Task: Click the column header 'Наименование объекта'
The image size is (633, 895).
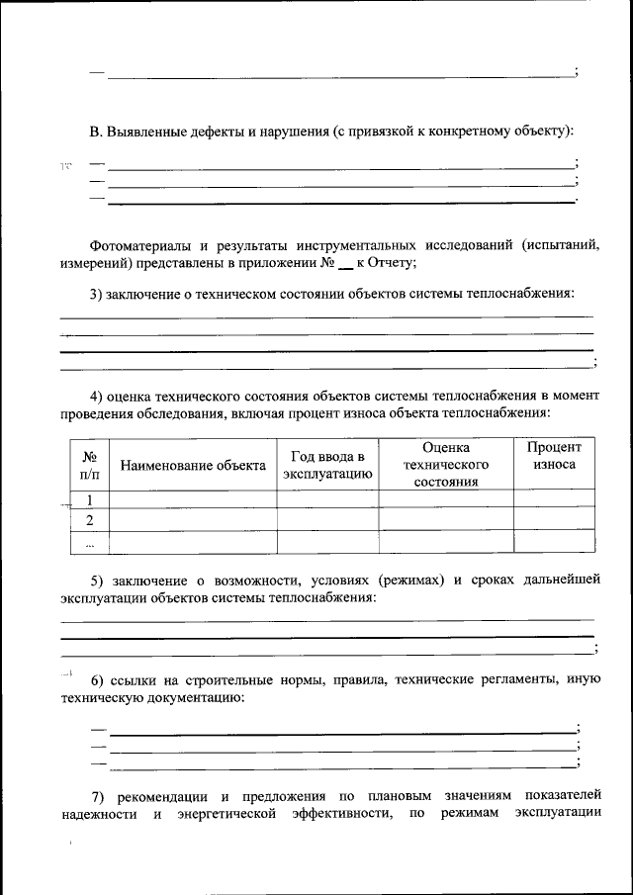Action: pos(193,466)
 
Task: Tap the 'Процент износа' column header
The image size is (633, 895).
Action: pos(554,456)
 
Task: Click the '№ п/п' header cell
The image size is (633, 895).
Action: pos(89,466)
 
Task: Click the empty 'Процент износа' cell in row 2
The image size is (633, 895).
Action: pos(554,520)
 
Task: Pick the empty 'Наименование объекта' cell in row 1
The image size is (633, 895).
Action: pos(193,499)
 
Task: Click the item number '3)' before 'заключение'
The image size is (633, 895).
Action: pos(97,294)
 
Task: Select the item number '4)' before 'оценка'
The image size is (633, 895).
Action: pos(97,395)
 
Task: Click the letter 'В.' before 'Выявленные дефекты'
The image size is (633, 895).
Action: pos(96,130)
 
